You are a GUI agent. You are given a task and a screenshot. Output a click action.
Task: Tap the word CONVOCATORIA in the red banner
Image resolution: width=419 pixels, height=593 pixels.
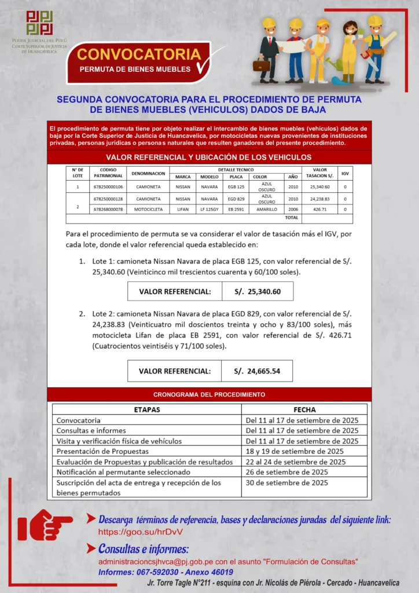[139, 54]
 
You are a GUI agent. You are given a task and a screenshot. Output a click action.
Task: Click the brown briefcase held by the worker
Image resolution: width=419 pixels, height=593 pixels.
[262, 65]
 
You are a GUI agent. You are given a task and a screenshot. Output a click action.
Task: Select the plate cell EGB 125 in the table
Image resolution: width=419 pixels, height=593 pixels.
[236, 187]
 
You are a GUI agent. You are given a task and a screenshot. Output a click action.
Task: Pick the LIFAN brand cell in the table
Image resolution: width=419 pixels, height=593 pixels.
[183, 209]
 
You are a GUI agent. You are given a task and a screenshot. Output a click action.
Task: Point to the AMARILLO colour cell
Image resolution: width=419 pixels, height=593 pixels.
[267, 209]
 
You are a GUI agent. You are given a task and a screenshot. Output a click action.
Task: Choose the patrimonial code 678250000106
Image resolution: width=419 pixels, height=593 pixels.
[108, 187]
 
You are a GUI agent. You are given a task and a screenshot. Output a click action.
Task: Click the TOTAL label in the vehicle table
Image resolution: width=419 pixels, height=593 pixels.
[292, 218]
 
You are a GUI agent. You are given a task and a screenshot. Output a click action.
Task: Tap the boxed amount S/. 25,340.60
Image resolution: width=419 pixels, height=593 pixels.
[258, 291]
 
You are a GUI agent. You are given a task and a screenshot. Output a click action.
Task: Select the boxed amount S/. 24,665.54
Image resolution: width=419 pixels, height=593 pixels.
[257, 371]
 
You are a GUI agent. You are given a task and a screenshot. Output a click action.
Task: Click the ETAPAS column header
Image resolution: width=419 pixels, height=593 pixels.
[147, 409]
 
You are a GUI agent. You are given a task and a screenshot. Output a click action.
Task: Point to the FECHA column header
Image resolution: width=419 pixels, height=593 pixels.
[304, 409]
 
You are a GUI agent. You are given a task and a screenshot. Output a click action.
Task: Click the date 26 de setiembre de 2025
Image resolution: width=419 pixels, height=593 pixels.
[286, 472]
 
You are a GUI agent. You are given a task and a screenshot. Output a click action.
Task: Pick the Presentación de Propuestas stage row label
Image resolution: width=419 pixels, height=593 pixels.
[102, 451]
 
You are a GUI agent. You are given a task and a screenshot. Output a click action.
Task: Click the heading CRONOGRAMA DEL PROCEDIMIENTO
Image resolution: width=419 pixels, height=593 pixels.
[209, 394]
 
